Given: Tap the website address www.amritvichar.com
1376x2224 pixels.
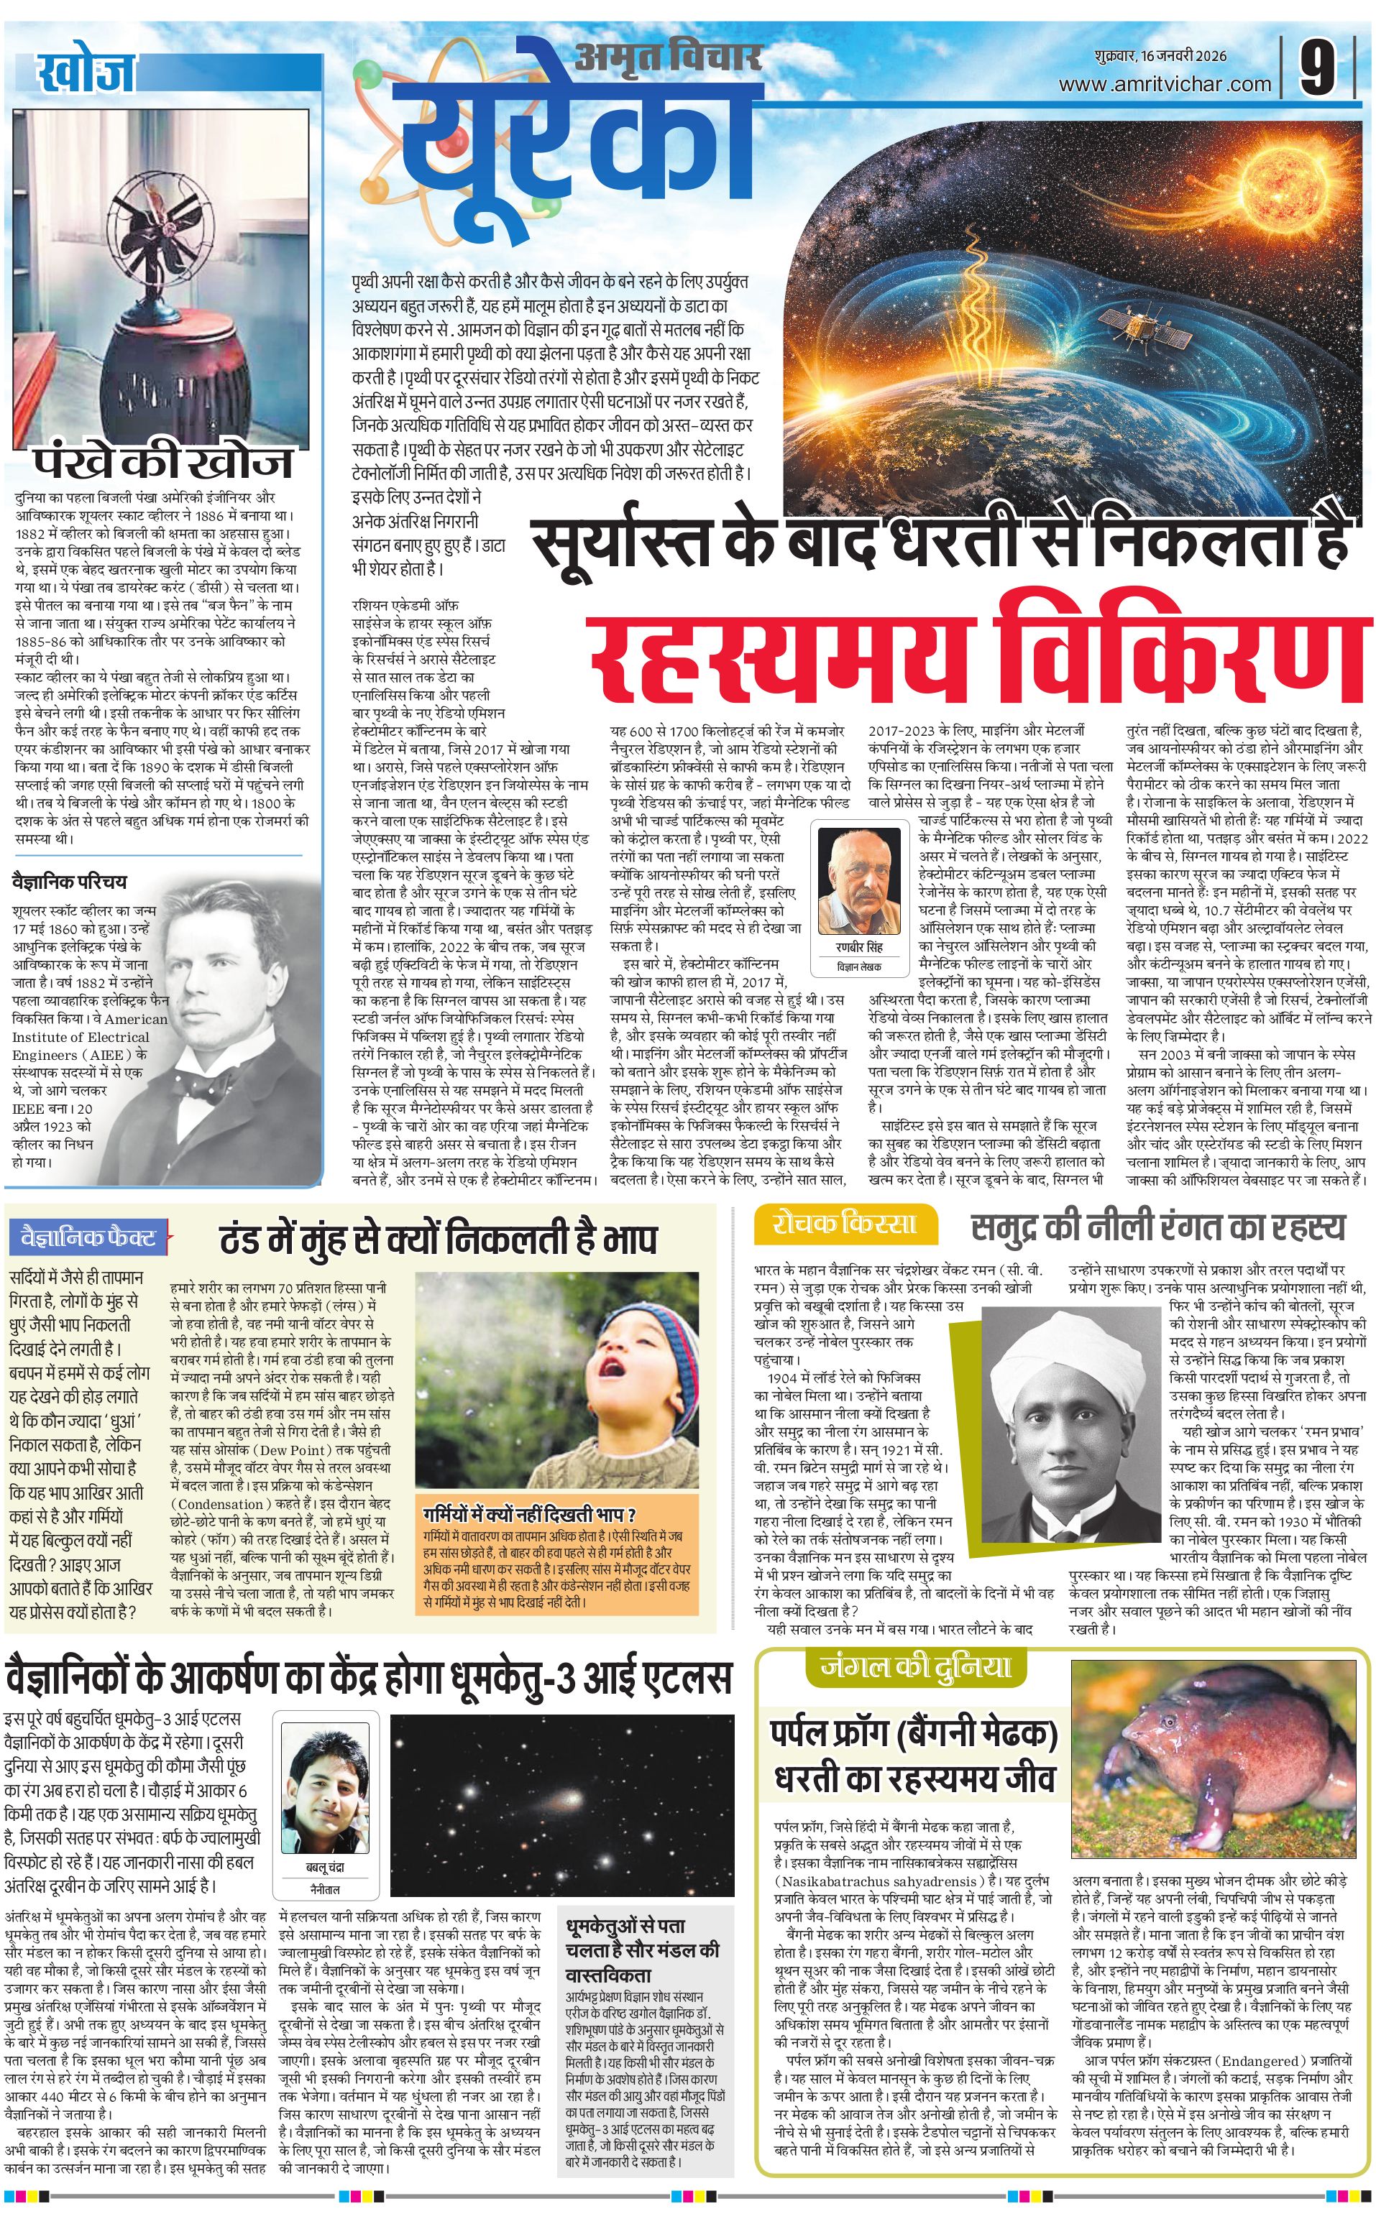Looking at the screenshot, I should click(x=1164, y=85).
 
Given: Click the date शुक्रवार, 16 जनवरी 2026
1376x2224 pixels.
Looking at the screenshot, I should click(x=1160, y=56).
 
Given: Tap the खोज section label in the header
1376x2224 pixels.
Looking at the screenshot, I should click(x=86, y=73).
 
